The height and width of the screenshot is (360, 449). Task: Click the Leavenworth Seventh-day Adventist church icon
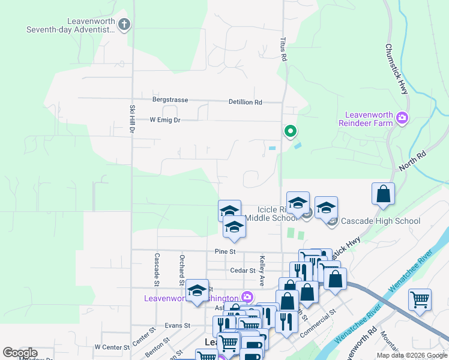[x=124, y=25]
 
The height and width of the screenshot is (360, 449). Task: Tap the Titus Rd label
[x=283, y=49]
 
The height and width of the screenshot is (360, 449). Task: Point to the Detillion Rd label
[x=245, y=102]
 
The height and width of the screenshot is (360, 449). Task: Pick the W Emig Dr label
[x=164, y=120]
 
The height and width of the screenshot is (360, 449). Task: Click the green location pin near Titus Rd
[x=291, y=131]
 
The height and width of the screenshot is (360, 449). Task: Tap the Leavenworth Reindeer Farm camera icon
[x=402, y=119]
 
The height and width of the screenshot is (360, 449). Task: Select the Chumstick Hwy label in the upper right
[x=397, y=68]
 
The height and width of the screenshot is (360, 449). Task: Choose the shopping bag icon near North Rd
[x=383, y=195]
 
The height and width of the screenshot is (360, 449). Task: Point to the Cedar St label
[x=244, y=271]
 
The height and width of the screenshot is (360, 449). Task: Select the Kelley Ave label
[x=262, y=271]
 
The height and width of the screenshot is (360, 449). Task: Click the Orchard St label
[x=181, y=269]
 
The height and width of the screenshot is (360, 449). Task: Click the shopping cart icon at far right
[x=420, y=299]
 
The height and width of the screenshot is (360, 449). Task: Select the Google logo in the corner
[x=20, y=353]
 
